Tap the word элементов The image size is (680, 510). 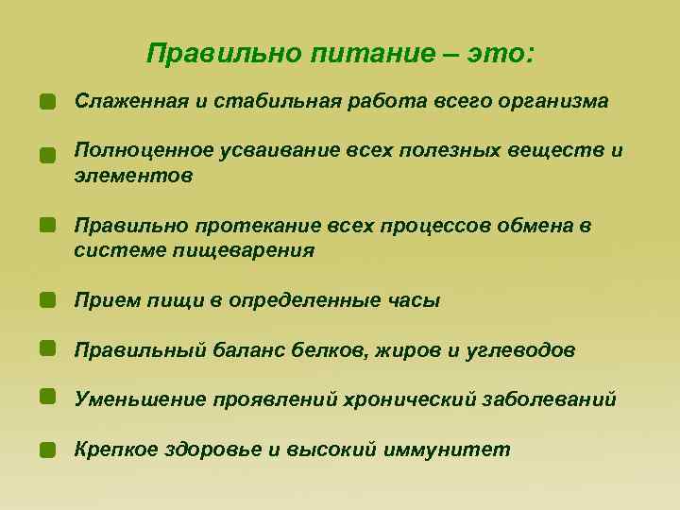(x=133, y=176)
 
